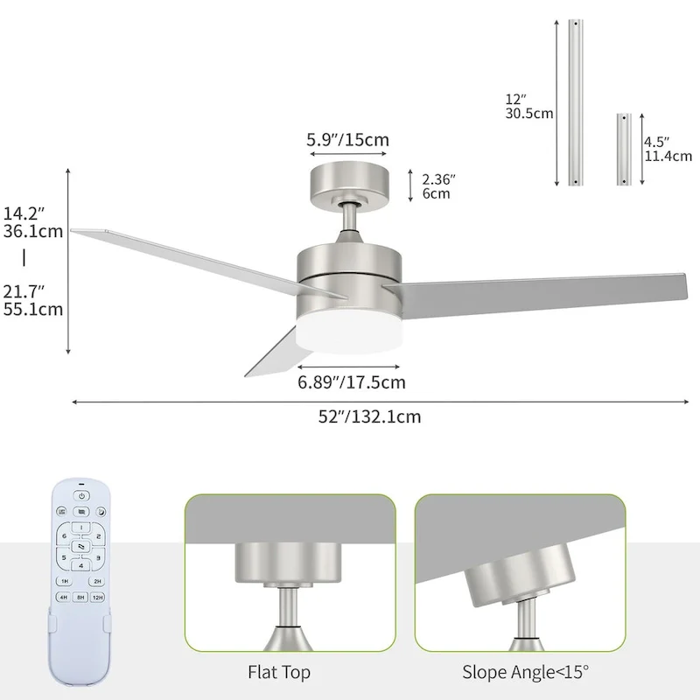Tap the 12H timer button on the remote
[x=99, y=599]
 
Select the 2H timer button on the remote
[x=98, y=581]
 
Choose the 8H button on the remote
[x=81, y=599]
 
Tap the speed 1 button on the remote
[x=80, y=528]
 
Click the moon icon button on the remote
[x=101, y=512]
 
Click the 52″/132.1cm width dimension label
[x=369, y=417]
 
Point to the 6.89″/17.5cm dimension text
[x=352, y=381]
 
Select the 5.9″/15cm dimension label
[x=347, y=139]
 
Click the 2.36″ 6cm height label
[x=438, y=186]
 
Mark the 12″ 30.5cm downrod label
[x=529, y=106]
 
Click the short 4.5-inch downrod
[x=623, y=148]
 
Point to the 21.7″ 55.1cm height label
[x=33, y=299]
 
